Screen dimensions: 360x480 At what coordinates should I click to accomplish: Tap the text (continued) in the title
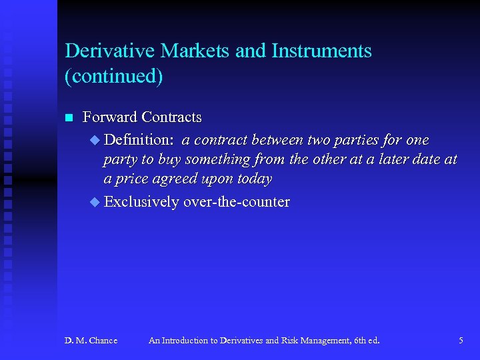114,76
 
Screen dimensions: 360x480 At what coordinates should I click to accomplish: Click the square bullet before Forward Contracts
68,118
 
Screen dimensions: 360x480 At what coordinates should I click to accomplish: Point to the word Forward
109,117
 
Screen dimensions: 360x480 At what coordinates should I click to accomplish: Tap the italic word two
323,140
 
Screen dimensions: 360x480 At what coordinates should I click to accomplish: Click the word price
135,179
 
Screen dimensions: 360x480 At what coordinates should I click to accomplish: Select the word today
254,179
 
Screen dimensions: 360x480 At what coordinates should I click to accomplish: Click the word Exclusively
141,201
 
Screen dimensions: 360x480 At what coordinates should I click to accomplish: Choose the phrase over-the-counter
236,201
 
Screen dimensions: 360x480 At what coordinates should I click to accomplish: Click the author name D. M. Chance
91,341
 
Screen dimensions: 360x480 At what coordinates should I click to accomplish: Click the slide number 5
461,341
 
